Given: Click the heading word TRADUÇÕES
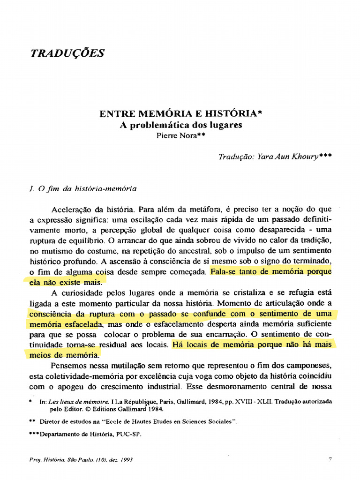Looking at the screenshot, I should (x=67, y=53).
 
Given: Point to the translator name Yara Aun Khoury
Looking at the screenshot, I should (x=286, y=157).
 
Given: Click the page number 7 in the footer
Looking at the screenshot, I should (x=330, y=460).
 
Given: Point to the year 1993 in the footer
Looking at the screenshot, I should (x=125, y=460).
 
